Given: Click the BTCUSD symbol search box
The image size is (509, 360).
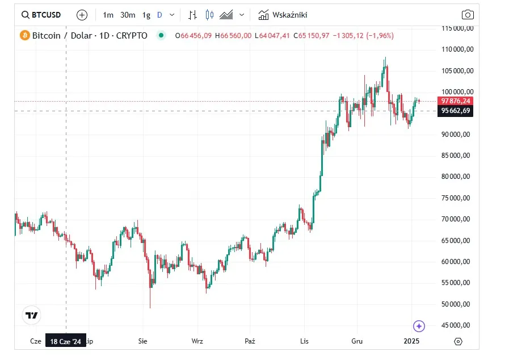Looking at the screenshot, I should pos(41,15).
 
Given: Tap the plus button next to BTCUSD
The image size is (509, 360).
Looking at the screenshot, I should pos(82,15).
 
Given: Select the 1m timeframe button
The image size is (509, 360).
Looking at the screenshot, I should pos(108,15).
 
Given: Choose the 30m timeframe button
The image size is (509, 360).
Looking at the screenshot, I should pos(128,15).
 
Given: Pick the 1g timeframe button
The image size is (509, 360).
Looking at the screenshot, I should pos(146,15).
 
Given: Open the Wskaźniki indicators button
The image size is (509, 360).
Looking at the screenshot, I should pos(283,15).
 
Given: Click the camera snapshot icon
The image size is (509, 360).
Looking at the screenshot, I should pos(467,15).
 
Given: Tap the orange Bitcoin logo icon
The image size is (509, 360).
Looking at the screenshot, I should pos(25,35).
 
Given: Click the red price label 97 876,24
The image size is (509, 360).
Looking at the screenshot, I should pos(455,101).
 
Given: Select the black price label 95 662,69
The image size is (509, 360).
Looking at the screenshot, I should pos(455,111).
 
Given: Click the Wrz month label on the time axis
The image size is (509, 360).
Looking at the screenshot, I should pos(197,341).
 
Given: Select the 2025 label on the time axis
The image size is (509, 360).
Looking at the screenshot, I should pos(411,341).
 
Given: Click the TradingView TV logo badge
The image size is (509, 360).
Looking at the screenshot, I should pos(32,316).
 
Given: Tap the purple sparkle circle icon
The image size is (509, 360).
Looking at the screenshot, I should pos(419,326).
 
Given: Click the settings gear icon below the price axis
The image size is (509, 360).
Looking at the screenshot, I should pos(458,341).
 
